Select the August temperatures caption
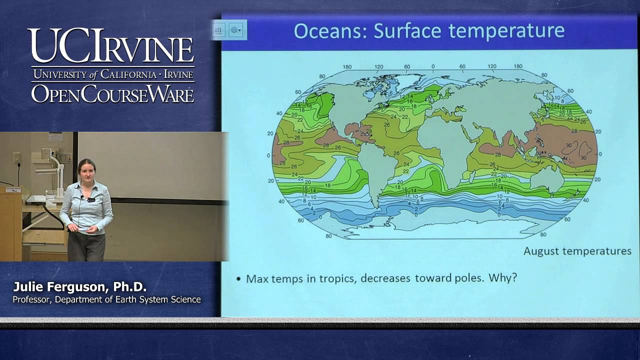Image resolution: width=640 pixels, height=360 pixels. (x=577, y=251)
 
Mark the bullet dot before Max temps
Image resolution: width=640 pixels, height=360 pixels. (x=238, y=278)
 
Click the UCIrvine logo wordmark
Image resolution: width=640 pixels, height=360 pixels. (x=110, y=46)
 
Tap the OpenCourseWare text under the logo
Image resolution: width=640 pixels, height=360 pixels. (x=112, y=93)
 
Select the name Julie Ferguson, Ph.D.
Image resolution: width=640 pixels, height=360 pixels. (x=79, y=287)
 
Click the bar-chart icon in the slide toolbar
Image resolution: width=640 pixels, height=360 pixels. (x=218, y=30)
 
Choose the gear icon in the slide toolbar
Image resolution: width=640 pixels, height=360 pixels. (x=234, y=30)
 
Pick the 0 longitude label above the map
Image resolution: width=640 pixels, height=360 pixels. (x=433, y=66)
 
